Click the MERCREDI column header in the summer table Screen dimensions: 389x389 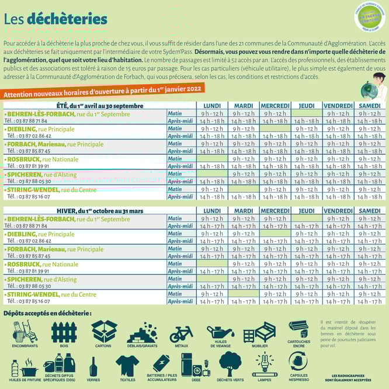(275, 106)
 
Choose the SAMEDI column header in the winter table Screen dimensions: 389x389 (370, 211)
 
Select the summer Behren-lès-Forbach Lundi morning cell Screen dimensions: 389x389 (212, 113)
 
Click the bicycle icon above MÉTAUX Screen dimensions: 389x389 (180, 334)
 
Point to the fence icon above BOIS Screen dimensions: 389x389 (64, 332)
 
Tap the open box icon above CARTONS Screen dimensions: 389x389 (103, 331)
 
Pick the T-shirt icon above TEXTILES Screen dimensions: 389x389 (127, 366)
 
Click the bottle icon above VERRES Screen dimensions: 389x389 (93, 366)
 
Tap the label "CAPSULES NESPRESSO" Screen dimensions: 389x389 (299, 377)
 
